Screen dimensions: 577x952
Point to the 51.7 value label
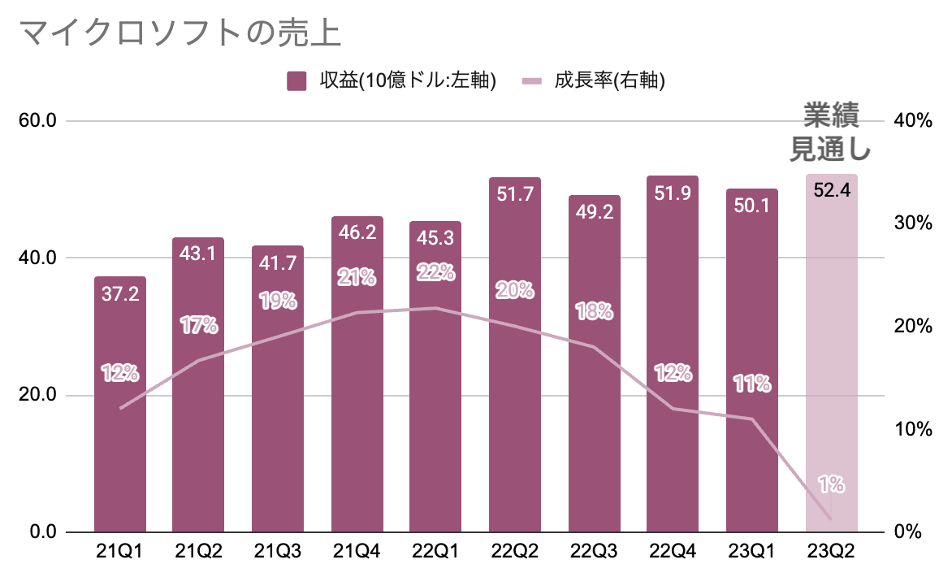[515, 194]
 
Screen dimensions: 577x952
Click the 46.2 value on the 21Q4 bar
[357, 233]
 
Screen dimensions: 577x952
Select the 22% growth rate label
[436, 273]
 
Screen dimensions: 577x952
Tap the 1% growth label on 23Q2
[831, 485]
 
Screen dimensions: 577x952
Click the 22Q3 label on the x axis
[594, 553]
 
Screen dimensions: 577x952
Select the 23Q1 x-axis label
[751, 553]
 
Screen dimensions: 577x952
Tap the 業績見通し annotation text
[831, 132]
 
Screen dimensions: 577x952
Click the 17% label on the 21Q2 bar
[199, 326]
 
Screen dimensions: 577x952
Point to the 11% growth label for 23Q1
[751, 384]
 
